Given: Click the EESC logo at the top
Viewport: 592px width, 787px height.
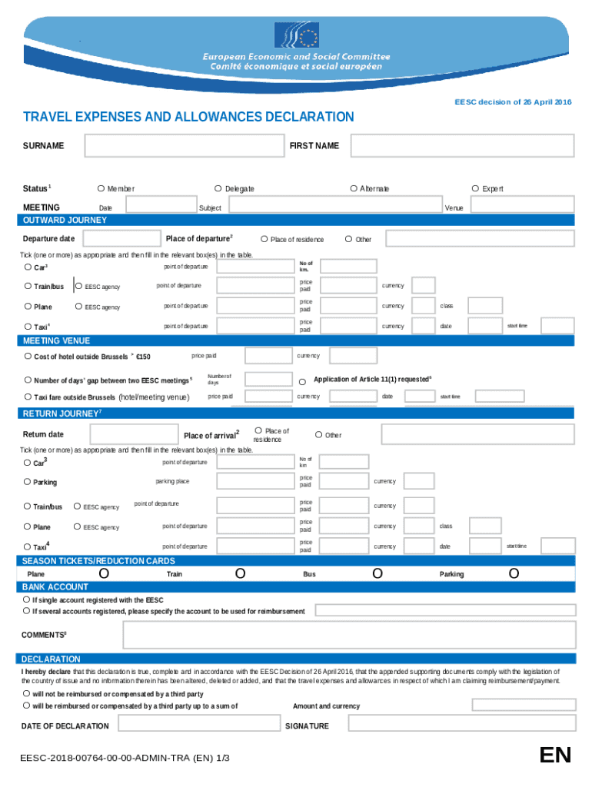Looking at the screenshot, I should (x=297, y=35).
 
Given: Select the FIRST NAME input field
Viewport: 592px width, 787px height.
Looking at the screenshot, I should (x=462, y=145).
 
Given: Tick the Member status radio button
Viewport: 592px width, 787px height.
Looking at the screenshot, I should (x=101, y=188).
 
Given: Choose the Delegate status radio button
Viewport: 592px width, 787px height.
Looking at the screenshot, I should (x=218, y=188).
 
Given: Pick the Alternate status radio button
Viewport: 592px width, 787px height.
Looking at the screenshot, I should (x=353, y=188).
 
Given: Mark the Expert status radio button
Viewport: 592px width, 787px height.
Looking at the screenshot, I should (x=475, y=188).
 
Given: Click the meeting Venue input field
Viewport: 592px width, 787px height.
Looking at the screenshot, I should (x=521, y=204).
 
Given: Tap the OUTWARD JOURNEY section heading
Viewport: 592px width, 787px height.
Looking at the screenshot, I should (x=65, y=221).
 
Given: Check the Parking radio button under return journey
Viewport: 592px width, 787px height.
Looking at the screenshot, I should (x=27, y=482).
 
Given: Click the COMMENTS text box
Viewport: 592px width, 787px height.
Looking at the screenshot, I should (x=349, y=635).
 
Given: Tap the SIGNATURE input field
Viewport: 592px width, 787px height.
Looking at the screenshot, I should (x=461, y=724).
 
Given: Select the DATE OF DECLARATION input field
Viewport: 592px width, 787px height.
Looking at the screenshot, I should (x=199, y=724).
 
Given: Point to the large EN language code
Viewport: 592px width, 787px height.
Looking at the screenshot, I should (x=555, y=755).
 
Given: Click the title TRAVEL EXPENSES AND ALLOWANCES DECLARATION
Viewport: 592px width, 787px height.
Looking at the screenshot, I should (x=188, y=117).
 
